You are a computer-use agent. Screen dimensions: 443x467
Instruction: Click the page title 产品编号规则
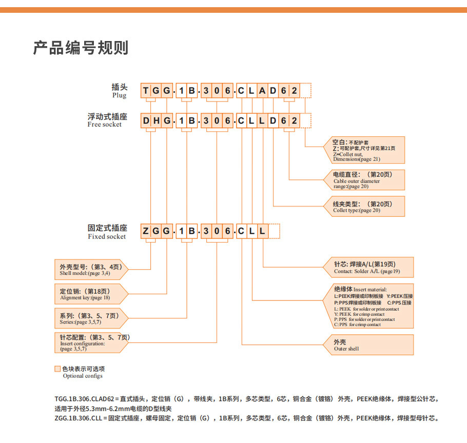pos(81,48)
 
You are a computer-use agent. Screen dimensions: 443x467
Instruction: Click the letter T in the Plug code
pos(146,91)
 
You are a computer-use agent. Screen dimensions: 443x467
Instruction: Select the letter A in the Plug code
pos(262,91)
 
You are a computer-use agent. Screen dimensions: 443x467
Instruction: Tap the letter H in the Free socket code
pos(156,121)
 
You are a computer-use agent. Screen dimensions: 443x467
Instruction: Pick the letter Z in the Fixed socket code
pos(146,231)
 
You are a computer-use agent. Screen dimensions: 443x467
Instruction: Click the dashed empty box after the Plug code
pos(305,91)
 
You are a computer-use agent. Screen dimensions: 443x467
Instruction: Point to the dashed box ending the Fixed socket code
pos(274,231)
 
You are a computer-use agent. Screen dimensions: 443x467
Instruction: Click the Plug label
pos(119,91)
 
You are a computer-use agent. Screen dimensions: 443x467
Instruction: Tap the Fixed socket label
pos(107,231)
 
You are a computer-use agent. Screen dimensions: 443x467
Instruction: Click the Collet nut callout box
pos(365,150)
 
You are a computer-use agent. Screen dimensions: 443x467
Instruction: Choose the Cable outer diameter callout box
pos(365,180)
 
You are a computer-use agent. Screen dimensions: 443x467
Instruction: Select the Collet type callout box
pos(365,206)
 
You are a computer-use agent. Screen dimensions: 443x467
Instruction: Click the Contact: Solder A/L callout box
pos(367,267)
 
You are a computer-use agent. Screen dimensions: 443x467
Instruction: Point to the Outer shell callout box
pos(367,345)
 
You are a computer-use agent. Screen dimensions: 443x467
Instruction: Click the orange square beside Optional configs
pos(57,369)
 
